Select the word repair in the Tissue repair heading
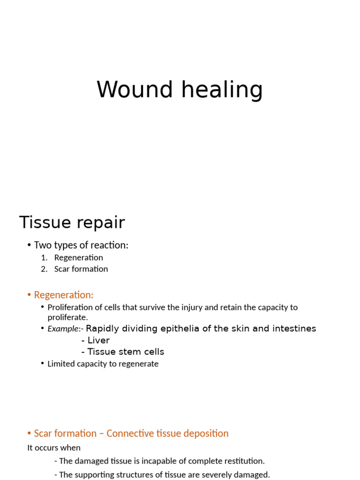point(102,223)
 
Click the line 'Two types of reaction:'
point(81,245)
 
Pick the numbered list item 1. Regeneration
point(78,257)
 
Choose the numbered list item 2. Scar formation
point(81,269)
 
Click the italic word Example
point(62,329)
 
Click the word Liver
point(98,340)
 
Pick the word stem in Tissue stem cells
point(127,352)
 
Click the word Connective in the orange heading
point(130,434)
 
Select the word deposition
point(205,434)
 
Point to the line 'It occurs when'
point(54,448)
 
